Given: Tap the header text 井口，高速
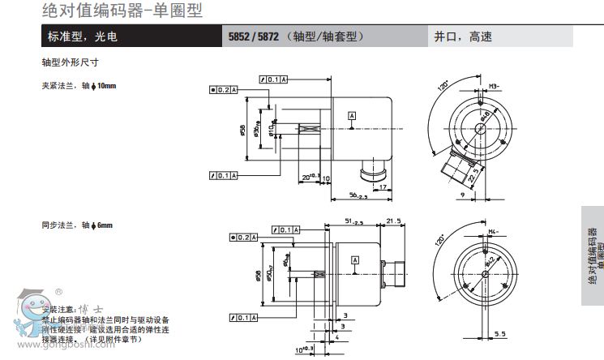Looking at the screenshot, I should click(463, 36).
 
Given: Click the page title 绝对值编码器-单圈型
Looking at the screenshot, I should click(122, 11).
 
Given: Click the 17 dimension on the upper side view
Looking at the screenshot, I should click(383, 187).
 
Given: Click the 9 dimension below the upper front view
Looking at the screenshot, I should click(462, 195).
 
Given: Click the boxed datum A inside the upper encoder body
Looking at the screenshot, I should click(352, 117).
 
